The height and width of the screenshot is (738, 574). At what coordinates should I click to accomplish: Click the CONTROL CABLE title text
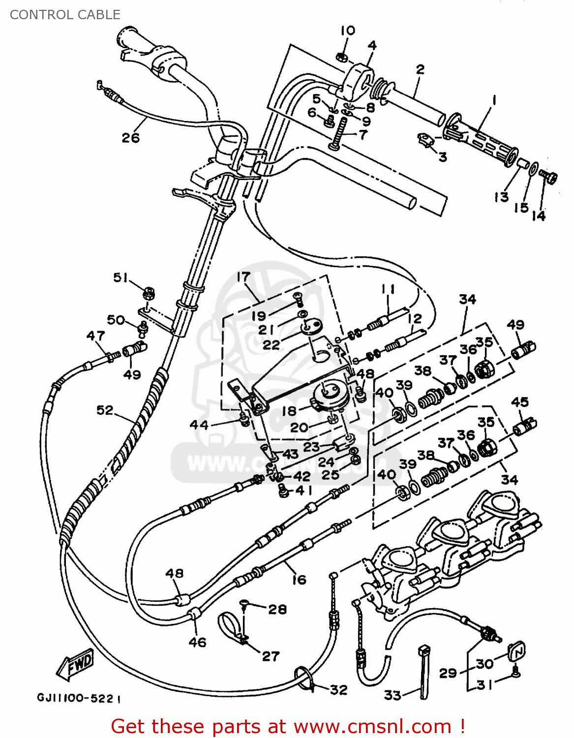(65, 15)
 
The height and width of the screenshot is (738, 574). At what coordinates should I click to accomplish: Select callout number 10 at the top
(348, 31)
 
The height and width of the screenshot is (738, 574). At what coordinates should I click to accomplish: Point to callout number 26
(131, 138)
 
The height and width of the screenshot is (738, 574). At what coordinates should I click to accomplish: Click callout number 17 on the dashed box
(243, 277)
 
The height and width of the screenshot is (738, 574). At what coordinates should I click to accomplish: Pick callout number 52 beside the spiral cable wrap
(105, 410)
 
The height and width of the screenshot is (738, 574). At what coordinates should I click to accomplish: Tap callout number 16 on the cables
(299, 580)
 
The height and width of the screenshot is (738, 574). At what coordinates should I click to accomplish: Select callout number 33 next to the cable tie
(393, 695)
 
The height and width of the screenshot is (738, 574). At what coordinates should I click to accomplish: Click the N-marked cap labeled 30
(517, 652)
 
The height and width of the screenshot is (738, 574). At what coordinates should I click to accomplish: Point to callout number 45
(520, 402)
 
